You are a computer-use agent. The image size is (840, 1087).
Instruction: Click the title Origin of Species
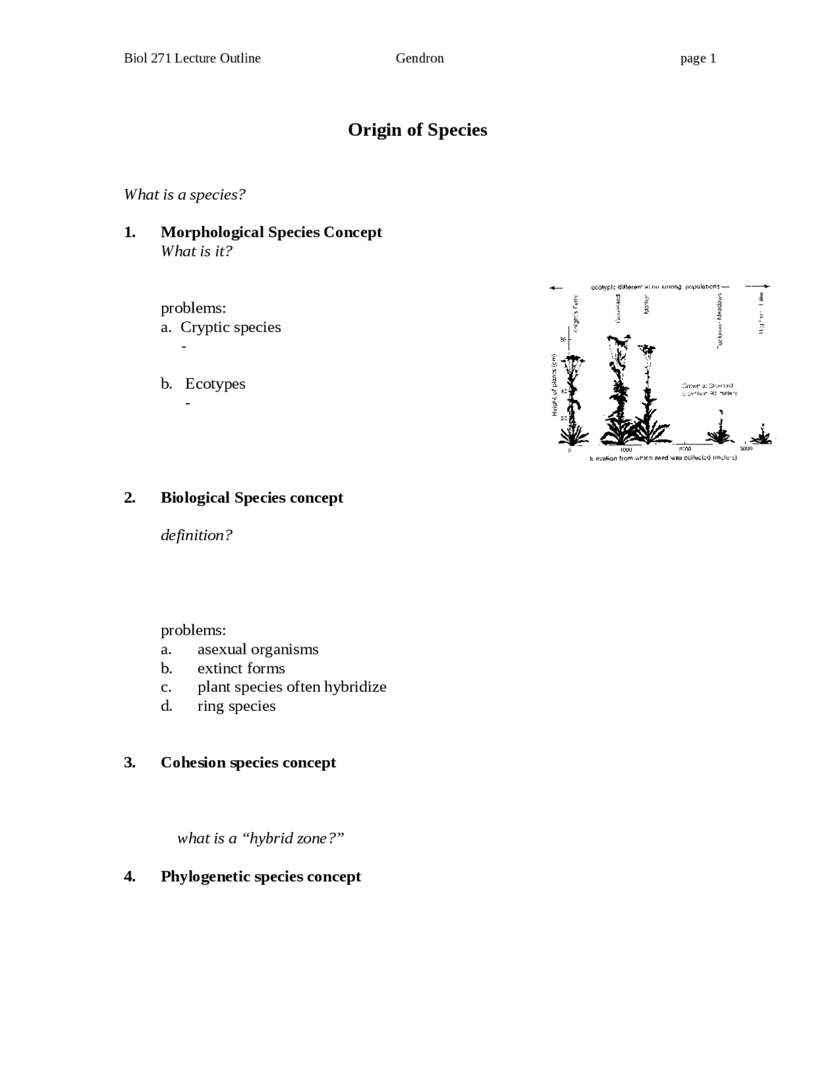(417, 130)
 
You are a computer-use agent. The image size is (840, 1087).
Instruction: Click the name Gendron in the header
(419, 58)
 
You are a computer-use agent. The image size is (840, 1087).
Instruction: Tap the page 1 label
(698, 58)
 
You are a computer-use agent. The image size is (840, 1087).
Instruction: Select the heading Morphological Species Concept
(271, 232)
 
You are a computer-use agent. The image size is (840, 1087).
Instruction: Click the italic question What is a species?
(184, 195)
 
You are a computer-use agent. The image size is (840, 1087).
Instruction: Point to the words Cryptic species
(230, 328)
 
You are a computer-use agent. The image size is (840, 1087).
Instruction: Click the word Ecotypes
(215, 384)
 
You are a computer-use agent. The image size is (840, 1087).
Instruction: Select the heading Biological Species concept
(252, 498)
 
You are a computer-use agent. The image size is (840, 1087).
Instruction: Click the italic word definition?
(196, 536)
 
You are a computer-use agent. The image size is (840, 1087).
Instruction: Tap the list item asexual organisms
(258, 649)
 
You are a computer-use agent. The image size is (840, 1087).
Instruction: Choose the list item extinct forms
(241, 668)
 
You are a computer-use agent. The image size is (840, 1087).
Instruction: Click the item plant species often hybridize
(292, 687)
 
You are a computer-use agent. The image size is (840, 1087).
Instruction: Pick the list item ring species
(236, 706)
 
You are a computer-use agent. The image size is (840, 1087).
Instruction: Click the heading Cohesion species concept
(248, 763)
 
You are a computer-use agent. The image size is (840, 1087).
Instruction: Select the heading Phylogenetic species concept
(261, 877)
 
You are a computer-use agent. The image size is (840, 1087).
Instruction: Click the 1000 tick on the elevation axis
(626, 450)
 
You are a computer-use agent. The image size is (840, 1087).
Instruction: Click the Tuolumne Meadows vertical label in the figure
(719, 321)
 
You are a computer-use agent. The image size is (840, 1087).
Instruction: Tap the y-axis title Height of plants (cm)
(555, 385)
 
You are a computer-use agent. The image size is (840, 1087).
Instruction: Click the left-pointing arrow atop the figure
(556, 288)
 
